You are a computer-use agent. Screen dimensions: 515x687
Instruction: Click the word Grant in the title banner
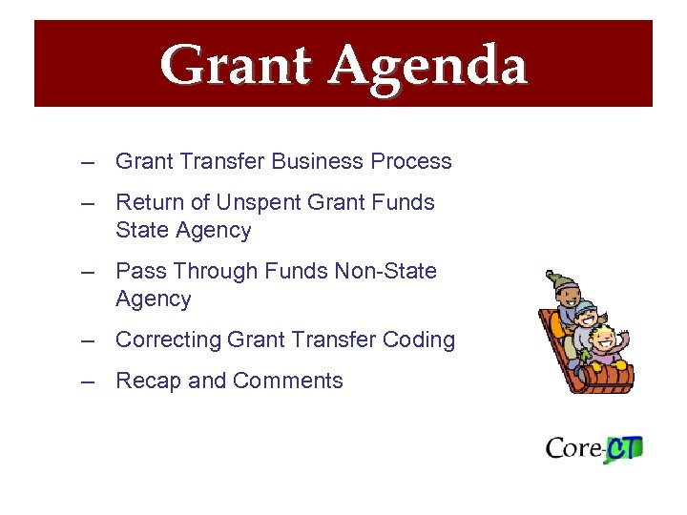[236, 66]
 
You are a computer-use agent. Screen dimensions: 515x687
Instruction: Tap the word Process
[411, 161]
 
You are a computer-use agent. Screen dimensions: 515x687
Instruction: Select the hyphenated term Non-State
[385, 271]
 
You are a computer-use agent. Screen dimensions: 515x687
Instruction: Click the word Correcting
[168, 340]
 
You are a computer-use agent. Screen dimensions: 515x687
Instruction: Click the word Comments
[287, 381]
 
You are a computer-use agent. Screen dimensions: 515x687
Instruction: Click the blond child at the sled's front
[604, 341]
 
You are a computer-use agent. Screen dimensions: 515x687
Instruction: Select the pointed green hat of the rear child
[555, 281]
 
